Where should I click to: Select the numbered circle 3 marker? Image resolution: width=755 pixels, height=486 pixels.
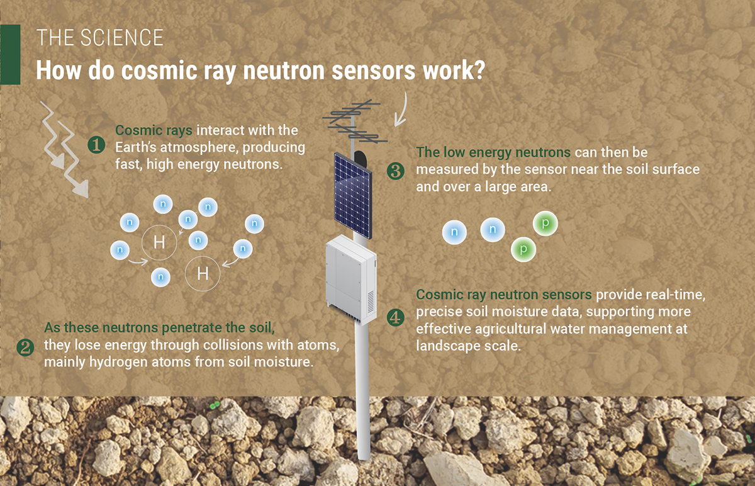pyautogui.click(x=395, y=170)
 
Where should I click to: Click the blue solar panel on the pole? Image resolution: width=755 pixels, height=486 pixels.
pyautogui.click(x=352, y=193)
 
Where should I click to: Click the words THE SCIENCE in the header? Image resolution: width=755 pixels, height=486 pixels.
pyautogui.click(x=100, y=38)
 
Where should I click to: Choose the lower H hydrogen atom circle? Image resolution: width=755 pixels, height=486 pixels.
pyautogui.click(x=203, y=273)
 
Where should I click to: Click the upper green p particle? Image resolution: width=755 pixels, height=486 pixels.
pyautogui.click(x=545, y=224)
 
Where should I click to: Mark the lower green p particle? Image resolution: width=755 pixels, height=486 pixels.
pyautogui.click(x=523, y=249)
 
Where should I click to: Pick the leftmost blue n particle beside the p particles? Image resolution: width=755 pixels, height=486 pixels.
pyautogui.click(x=455, y=232)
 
